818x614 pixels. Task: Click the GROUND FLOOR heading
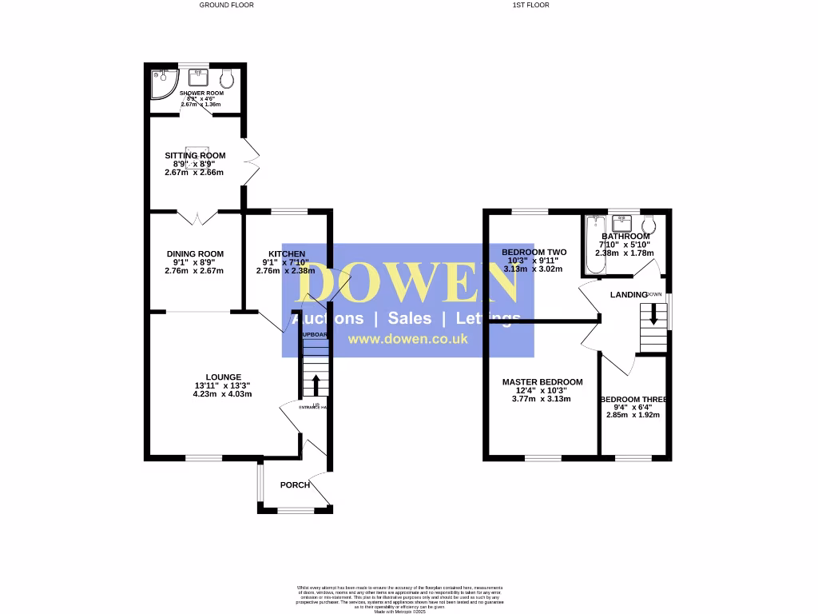[x=226, y=5]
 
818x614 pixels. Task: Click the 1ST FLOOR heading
[x=531, y=5]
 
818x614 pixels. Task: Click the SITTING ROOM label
[x=195, y=155]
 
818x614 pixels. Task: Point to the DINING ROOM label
[x=195, y=254]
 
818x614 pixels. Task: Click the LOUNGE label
[x=224, y=377]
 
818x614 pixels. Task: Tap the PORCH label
[x=295, y=485]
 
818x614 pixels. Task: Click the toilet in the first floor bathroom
[x=649, y=224]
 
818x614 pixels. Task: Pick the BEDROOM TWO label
[x=534, y=253]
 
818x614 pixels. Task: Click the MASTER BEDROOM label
[x=542, y=382]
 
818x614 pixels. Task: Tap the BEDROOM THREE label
[x=634, y=400]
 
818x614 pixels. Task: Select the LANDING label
[x=629, y=295]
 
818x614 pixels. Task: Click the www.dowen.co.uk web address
[x=407, y=339]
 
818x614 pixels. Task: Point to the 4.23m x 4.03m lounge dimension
[x=224, y=393]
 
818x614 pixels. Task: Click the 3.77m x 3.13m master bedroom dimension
[x=542, y=398]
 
